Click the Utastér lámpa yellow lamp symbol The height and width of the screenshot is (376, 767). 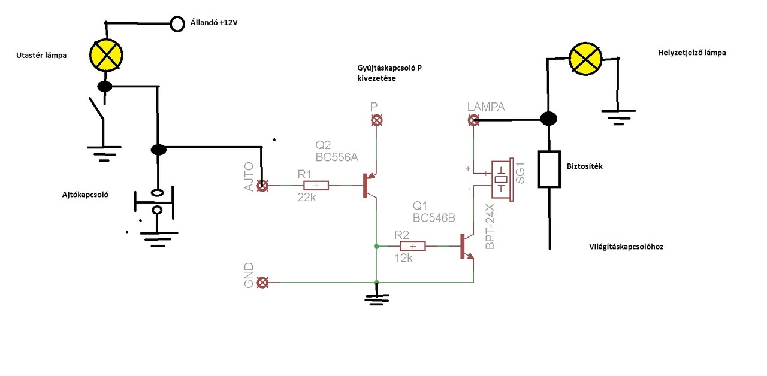tap(106, 56)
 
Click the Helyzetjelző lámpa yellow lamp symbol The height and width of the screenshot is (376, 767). tap(585, 59)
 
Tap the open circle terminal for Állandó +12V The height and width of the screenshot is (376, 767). tap(177, 24)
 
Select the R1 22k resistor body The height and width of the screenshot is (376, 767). tap(316, 186)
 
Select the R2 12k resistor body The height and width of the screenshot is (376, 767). tap(413, 246)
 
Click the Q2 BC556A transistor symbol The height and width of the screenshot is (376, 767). tap(370, 186)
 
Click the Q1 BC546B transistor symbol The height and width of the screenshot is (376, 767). tap(467, 246)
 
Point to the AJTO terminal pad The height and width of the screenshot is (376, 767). tap(262, 186)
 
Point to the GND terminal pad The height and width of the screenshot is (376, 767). tap(262, 283)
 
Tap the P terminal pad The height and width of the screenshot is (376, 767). tap(377, 120)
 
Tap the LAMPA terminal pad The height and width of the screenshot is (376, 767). tap(473, 120)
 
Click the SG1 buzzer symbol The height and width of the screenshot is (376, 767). tap(502, 180)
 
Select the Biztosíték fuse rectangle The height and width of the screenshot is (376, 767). tap(549, 169)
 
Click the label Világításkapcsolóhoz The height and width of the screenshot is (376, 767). tap(626, 247)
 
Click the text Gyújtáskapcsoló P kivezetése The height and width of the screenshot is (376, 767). tap(389, 73)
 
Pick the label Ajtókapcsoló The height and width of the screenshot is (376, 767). tap(85, 195)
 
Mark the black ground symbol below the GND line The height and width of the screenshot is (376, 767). tap(377, 299)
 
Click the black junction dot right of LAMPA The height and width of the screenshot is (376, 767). tap(548, 119)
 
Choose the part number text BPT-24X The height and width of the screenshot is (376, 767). tap(490, 226)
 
